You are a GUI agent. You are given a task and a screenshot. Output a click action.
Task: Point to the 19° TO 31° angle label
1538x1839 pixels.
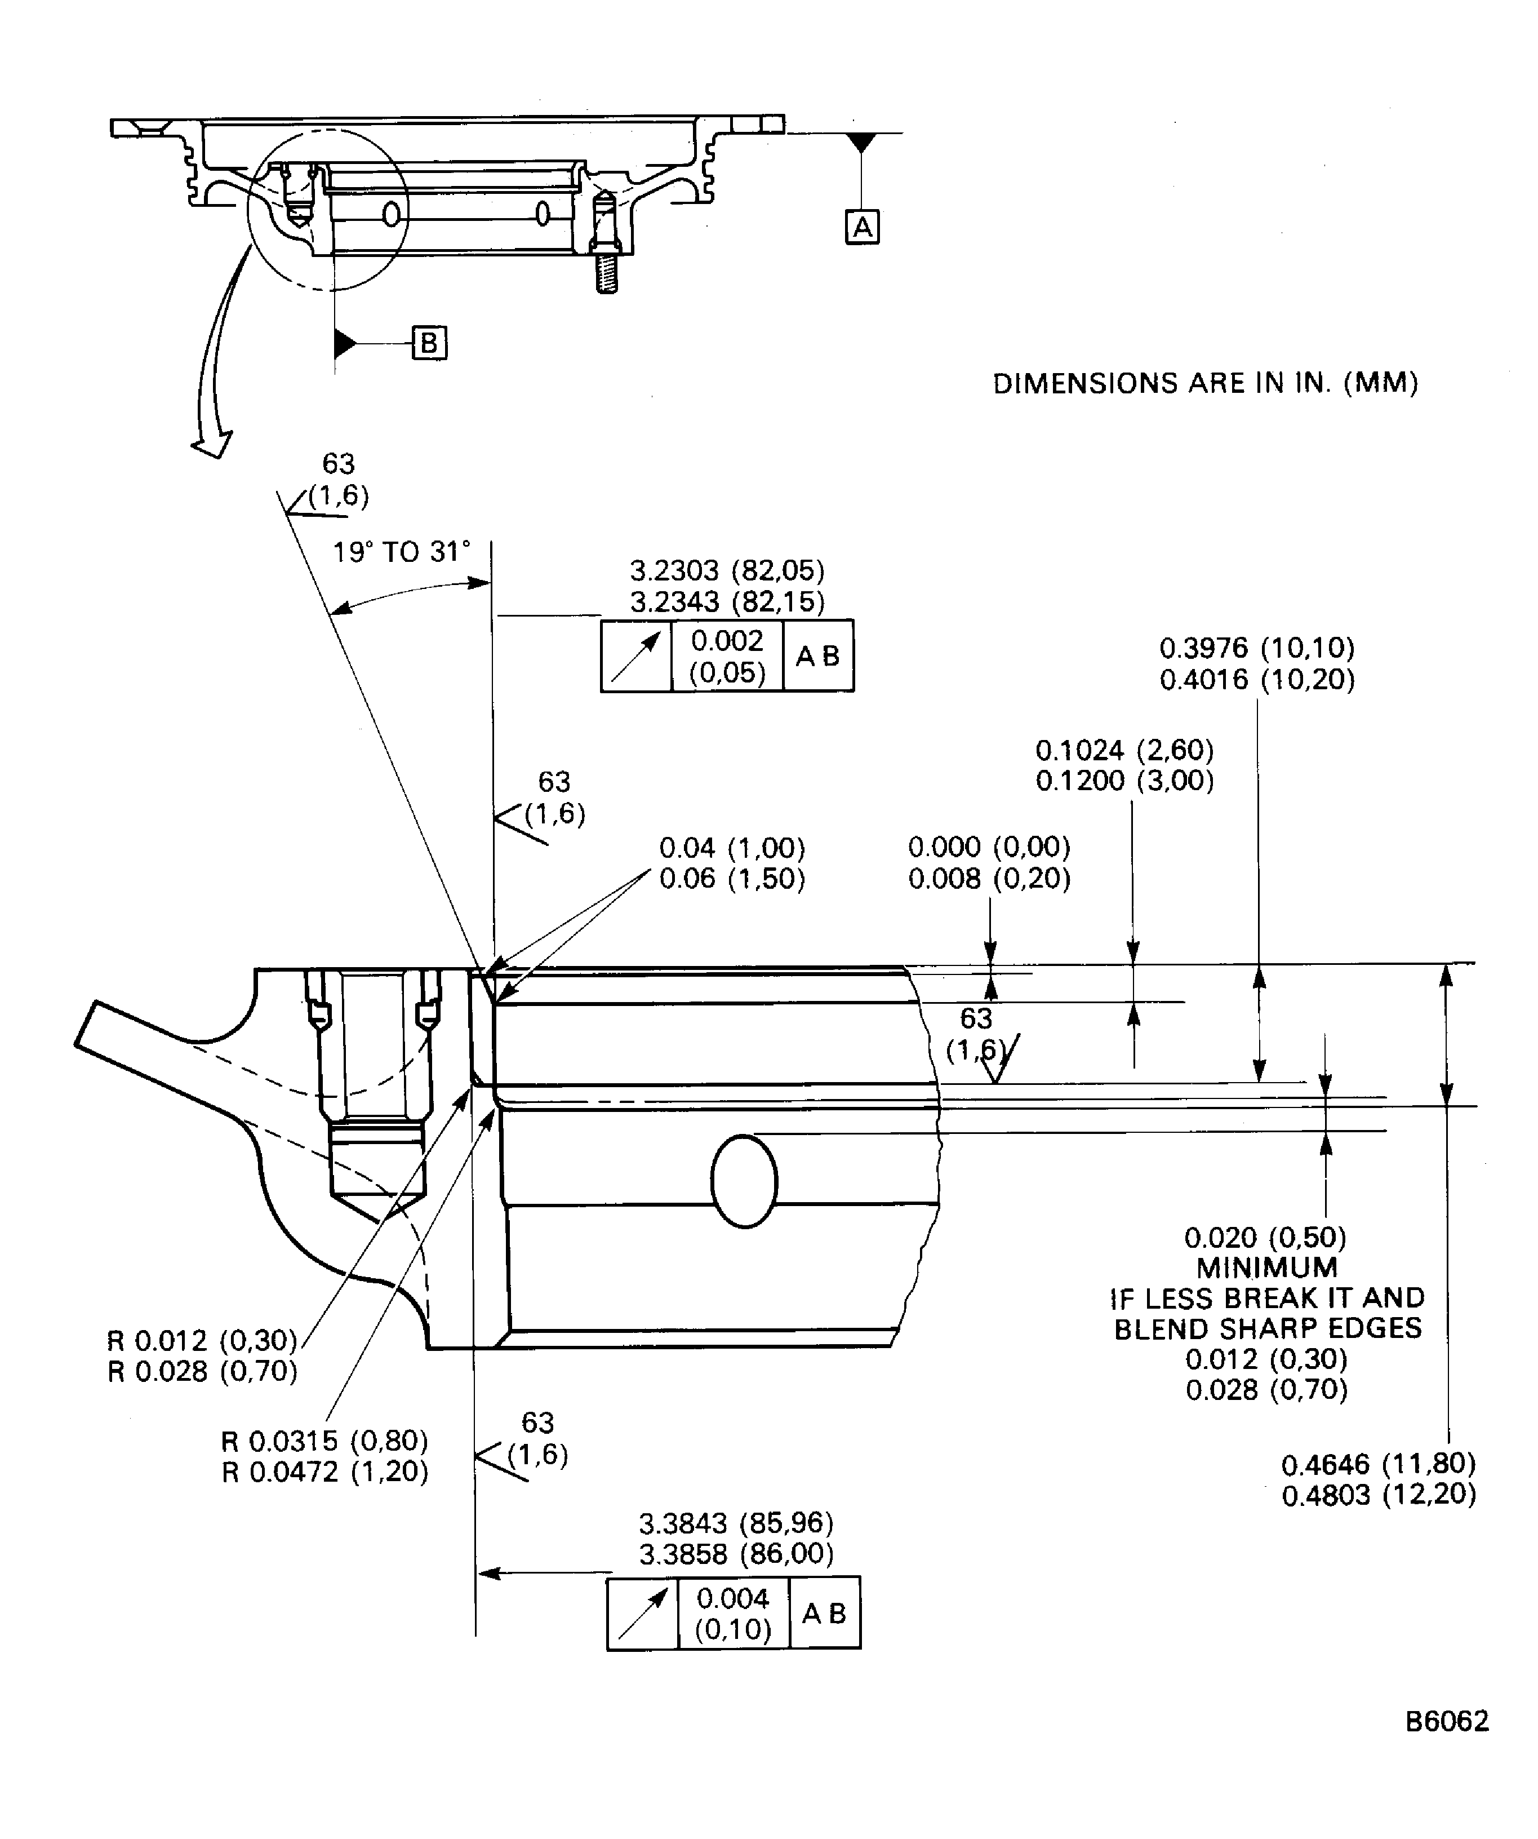click(401, 552)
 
